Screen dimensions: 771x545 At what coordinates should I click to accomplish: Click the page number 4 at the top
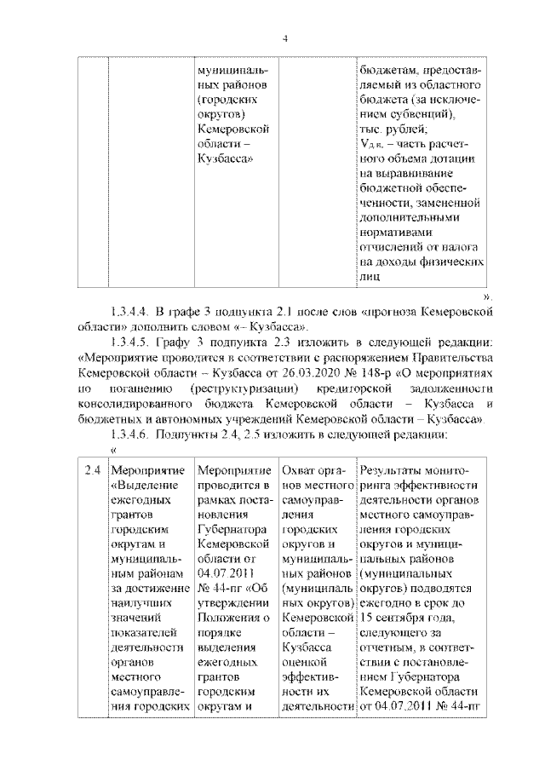285,37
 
